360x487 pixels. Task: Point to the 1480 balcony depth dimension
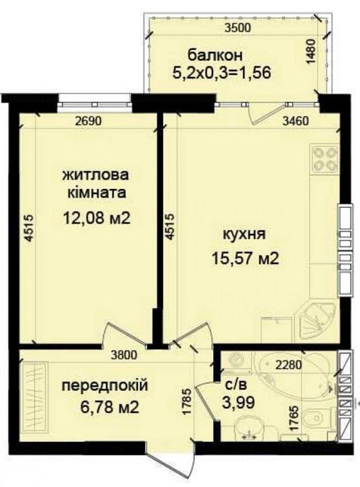pos(311,52)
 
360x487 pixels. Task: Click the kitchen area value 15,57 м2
pos(247,258)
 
